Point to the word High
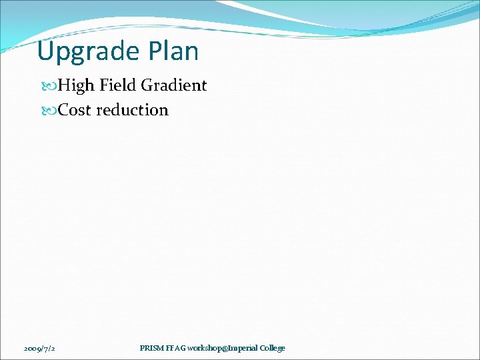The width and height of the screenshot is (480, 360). pyautogui.click(x=76, y=85)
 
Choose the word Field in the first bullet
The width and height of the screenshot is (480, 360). pyautogui.click(x=117, y=85)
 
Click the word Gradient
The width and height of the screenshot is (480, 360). pyautogui.click(x=173, y=85)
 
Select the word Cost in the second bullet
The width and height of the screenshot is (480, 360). pyautogui.click(x=75, y=110)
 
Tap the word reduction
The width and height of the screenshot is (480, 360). pyautogui.click(x=132, y=110)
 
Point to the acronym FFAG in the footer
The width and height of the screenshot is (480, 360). pyautogui.click(x=176, y=348)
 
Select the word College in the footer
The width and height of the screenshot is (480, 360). pyautogui.click(x=273, y=348)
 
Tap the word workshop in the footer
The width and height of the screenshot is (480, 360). pyautogui.click(x=206, y=348)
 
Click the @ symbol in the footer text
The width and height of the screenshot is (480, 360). pyautogui.click(x=225, y=348)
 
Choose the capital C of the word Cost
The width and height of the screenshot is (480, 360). pyautogui.click(x=63, y=110)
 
